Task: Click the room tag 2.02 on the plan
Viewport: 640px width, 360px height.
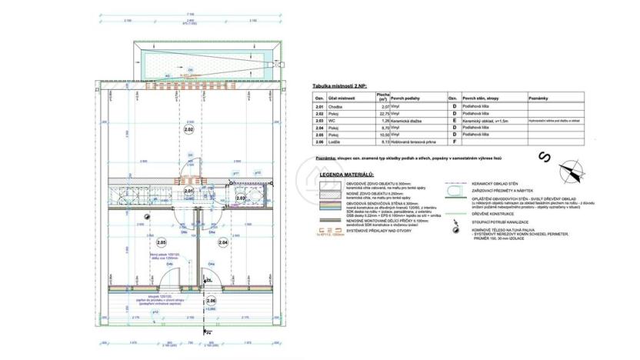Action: point(189,131)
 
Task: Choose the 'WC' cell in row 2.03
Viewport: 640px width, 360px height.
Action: point(332,121)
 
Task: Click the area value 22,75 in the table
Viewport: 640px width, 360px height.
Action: point(382,114)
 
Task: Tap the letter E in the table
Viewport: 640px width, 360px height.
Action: point(454,121)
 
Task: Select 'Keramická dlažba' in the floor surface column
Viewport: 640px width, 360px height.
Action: point(408,121)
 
